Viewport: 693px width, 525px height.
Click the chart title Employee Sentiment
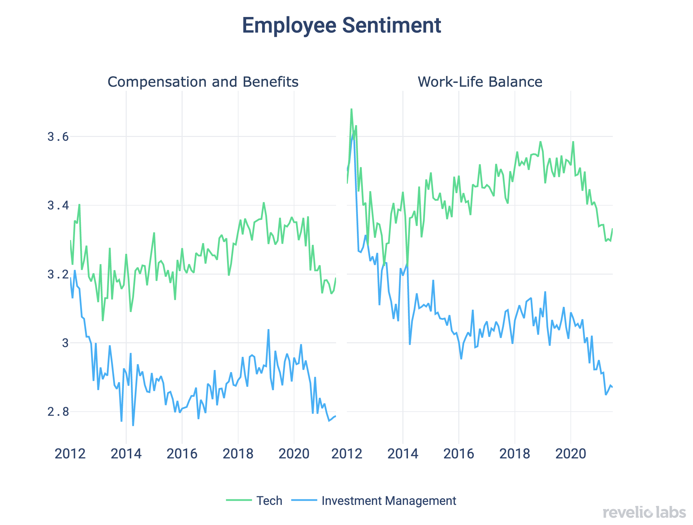[341, 26]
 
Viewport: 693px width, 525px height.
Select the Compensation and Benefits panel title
[203, 82]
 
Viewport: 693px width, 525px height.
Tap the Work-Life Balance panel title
[479, 82]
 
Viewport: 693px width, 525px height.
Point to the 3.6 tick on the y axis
[58, 137]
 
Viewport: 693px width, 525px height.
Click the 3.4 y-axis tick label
[58, 206]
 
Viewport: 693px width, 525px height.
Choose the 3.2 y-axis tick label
[58, 275]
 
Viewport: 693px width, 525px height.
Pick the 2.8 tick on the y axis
[58, 412]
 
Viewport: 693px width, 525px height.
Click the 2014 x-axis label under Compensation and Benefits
[126, 454]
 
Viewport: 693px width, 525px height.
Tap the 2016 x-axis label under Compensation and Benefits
[182, 454]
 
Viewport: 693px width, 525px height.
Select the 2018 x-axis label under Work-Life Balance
[515, 454]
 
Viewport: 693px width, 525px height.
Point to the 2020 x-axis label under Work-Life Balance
[570, 454]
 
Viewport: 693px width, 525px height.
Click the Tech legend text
[269, 501]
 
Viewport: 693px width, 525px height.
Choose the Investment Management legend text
[389, 501]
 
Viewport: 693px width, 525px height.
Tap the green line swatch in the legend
[239, 500]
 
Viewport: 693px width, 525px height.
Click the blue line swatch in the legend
[304, 500]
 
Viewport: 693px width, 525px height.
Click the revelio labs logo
[644, 513]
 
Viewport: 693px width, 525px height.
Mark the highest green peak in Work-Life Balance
[351, 109]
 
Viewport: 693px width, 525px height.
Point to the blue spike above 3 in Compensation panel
[268, 330]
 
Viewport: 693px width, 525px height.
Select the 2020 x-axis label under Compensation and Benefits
[294, 454]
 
